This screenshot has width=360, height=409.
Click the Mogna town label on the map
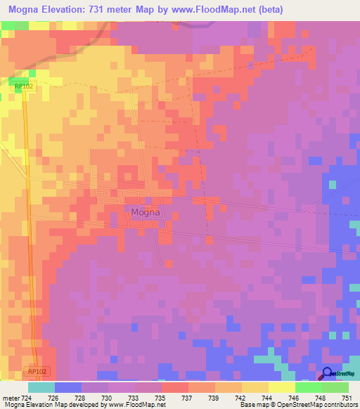coord(146,212)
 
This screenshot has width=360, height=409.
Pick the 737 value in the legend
coord(188,397)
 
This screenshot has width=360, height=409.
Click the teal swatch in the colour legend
coord(41,387)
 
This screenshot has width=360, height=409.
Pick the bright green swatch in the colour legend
coord(308,387)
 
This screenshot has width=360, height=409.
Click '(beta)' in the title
coord(307,9)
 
